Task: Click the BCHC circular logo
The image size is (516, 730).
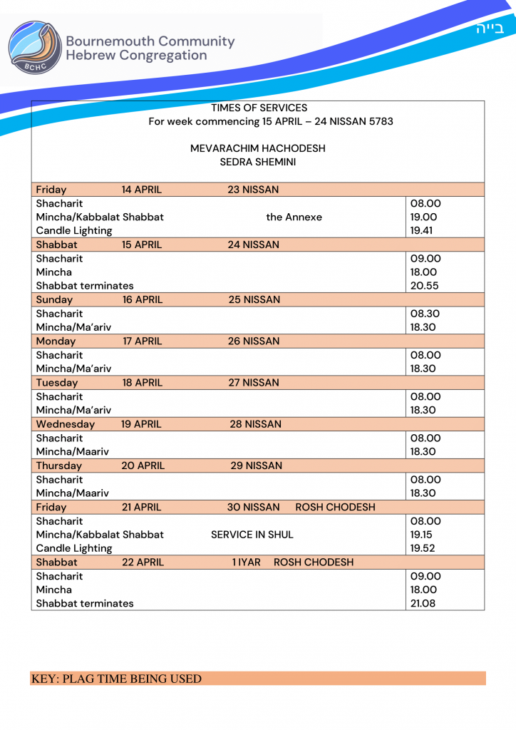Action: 34,48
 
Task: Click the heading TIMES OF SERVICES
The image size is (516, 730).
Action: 259,108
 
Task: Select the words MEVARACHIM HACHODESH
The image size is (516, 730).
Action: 258,148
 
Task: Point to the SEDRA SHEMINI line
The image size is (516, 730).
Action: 258,162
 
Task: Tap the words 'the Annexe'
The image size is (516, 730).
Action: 294,217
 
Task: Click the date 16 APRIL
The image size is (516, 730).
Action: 143,299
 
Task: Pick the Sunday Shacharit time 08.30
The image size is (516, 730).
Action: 425,313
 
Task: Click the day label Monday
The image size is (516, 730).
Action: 56,341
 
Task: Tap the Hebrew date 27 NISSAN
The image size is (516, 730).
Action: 254,382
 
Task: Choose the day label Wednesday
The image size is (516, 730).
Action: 66,423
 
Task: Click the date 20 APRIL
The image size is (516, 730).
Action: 143,466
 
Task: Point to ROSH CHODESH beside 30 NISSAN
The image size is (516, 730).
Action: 335,507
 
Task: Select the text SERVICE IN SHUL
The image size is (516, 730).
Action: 252,534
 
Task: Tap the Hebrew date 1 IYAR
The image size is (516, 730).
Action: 247,562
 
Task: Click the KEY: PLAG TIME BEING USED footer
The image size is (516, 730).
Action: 116,679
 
